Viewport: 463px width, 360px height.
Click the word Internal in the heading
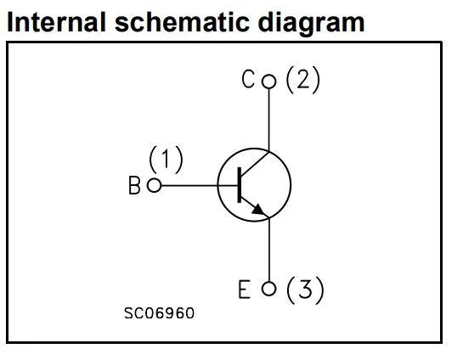pos(56,22)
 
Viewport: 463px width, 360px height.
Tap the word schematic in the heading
pos(182,22)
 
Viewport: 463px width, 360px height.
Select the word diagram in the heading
pos(311,24)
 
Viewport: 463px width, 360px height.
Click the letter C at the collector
pos(248,79)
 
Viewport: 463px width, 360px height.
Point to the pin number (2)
pos(302,80)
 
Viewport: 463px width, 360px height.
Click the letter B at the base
pos(134,185)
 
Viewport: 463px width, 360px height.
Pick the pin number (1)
pos(166,160)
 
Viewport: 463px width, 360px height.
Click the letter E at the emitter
pos(244,290)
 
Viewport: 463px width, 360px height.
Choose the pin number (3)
pos(305,290)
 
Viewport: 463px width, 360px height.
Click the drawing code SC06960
pos(159,313)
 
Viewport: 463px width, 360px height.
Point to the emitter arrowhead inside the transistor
pos(258,210)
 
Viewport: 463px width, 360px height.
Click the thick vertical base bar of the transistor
pos(240,185)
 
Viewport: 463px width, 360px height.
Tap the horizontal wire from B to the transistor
pos(200,186)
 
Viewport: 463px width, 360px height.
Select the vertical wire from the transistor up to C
pos(269,120)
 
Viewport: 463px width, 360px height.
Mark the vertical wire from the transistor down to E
pos(269,250)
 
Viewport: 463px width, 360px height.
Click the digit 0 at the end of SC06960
pos(189,313)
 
